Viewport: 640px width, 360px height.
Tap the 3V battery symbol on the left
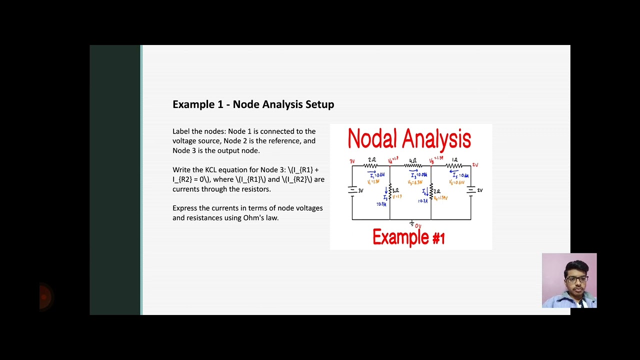pyautogui.click(x=352, y=190)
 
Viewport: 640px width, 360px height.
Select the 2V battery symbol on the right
pyautogui.click(x=470, y=190)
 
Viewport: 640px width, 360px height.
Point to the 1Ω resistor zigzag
pyautogui.click(x=454, y=165)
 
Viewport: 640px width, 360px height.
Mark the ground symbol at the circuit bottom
pyautogui.click(x=411, y=223)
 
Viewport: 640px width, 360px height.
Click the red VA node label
pyautogui.click(x=391, y=161)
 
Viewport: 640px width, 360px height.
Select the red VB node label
pyautogui.click(x=432, y=161)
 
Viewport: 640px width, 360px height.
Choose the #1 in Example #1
pyautogui.click(x=438, y=238)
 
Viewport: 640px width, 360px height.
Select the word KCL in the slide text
pyautogui.click(x=212, y=170)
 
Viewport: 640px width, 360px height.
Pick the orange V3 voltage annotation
pyautogui.click(x=415, y=182)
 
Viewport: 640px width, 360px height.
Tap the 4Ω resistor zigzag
pyautogui.click(x=413, y=165)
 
